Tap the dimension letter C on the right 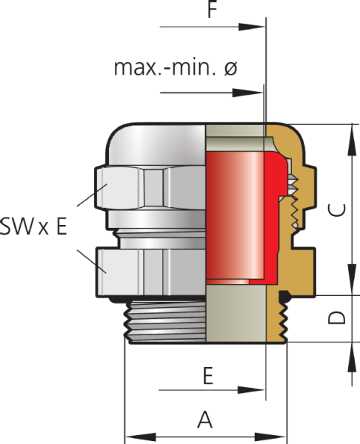[x=336, y=209]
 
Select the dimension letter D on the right [x=336, y=317]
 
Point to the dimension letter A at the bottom [x=206, y=420]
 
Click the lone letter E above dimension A [x=208, y=376]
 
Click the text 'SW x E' [x=34, y=226]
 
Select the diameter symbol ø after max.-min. [x=230, y=68]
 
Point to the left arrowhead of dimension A [x=132, y=435]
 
